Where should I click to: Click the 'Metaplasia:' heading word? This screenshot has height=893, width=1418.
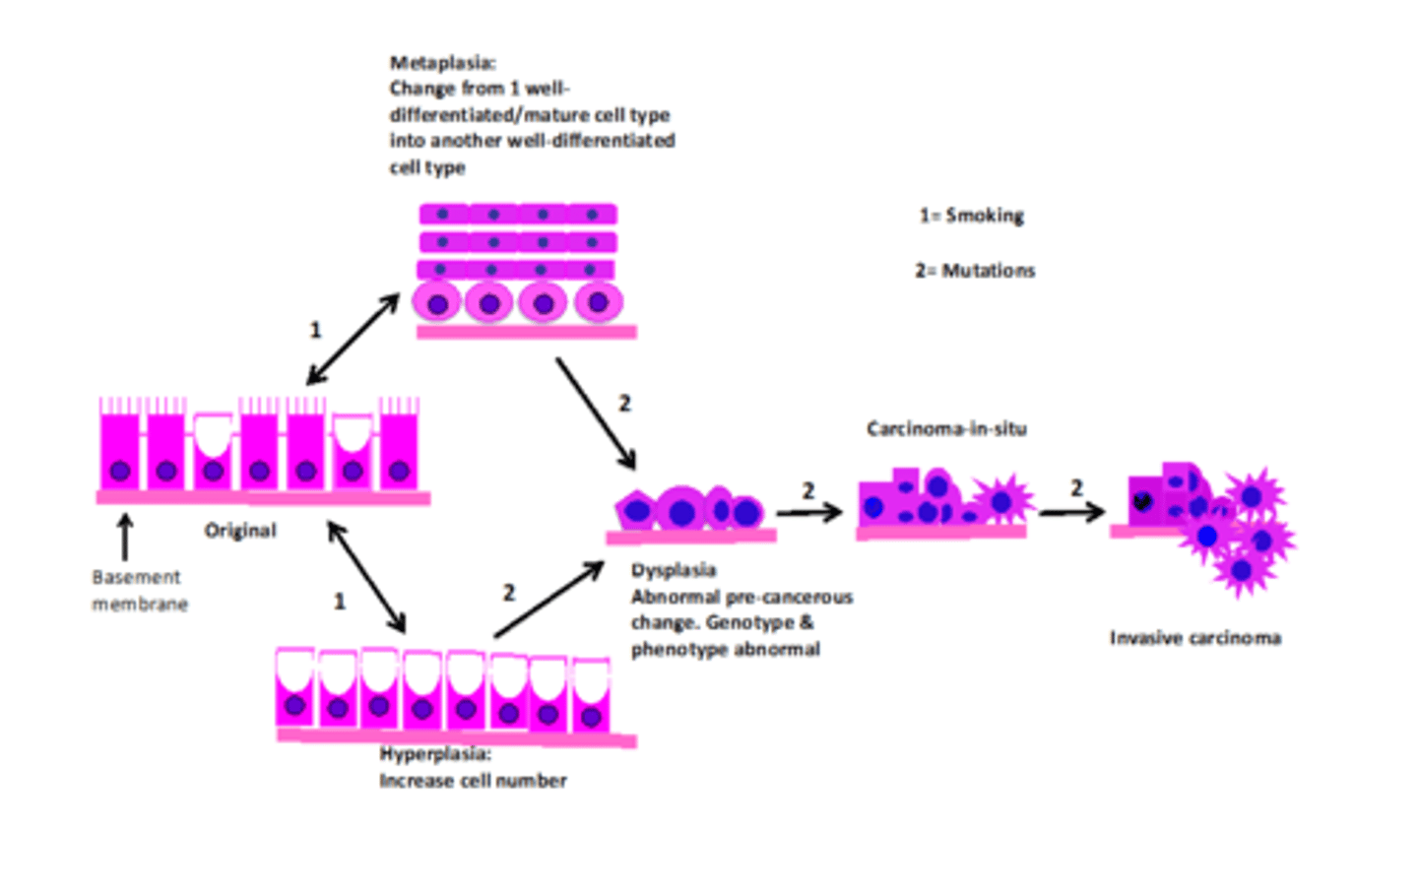pyautogui.click(x=442, y=63)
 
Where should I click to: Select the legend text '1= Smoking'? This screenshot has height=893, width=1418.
pyautogui.click(x=971, y=216)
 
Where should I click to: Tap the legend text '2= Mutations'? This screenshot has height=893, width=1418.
pyautogui.click(x=975, y=271)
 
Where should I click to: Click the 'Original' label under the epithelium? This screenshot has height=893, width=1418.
pyautogui.click(x=240, y=531)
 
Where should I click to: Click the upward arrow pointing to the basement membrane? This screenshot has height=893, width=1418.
pyautogui.click(x=124, y=538)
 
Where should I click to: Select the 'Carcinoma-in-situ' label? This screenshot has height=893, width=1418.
pyautogui.click(x=946, y=429)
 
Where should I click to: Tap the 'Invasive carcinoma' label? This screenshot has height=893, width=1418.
pyautogui.click(x=1194, y=638)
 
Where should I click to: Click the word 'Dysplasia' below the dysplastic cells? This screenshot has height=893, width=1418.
pyautogui.click(x=674, y=571)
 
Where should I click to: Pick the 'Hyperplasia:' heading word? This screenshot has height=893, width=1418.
pyautogui.click(x=435, y=754)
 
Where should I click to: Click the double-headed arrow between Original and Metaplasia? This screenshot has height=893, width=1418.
pyautogui.click(x=353, y=339)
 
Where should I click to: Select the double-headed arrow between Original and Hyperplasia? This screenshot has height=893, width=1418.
pyautogui.click(x=366, y=577)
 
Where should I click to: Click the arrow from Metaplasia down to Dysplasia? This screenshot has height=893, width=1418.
pyautogui.click(x=596, y=413)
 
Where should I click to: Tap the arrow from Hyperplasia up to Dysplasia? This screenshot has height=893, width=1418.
pyautogui.click(x=548, y=600)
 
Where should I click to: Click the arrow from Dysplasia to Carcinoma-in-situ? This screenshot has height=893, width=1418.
pyautogui.click(x=808, y=512)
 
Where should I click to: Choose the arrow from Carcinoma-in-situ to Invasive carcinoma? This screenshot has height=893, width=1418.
pyautogui.click(x=1071, y=512)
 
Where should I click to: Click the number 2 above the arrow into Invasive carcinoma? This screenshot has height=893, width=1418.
pyautogui.click(x=1076, y=488)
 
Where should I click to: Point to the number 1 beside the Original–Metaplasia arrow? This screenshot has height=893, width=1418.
pyautogui.click(x=315, y=330)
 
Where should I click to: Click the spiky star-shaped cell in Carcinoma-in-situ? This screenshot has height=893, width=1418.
pyautogui.click(x=1001, y=502)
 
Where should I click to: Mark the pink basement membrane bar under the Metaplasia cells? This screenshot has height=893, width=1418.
pyautogui.click(x=526, y=333)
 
